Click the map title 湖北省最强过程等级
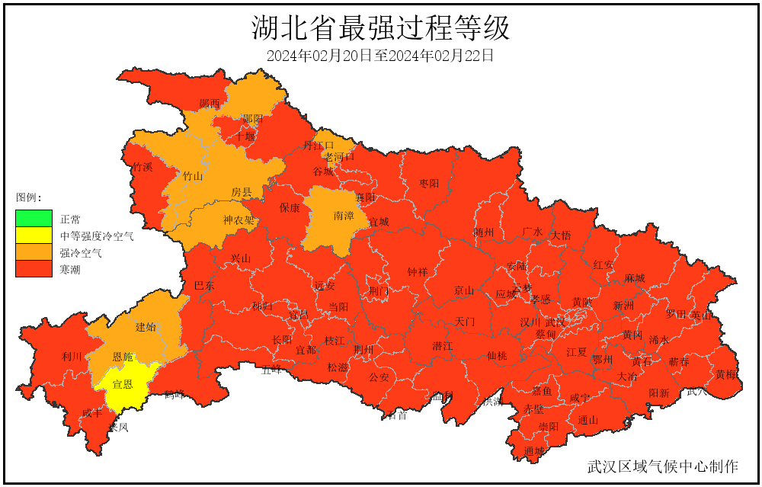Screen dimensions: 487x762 point(380,28)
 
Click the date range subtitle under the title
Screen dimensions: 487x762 point(380,56)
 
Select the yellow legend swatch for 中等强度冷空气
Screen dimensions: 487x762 point(34,235)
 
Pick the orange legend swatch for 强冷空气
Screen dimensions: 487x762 point(34,252)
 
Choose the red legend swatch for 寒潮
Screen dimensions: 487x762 point(34,269)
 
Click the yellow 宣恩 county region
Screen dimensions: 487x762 point(123,386)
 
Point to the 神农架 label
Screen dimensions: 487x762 point(239,221)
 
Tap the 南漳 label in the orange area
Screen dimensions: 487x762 point(344,216)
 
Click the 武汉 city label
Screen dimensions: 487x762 point(555,322)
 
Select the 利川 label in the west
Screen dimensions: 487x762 point(72,357)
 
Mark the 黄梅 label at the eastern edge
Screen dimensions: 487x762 point(725,374)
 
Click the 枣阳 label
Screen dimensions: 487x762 point(429,184)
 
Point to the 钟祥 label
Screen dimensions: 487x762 point(418,272)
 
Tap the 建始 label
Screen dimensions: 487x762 point(146,327)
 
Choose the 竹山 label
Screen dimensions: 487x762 point(193,176)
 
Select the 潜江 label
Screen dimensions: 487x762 point(443,346)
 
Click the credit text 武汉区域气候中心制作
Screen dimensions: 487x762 point(662,466)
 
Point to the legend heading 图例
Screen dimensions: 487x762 point(29,197)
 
